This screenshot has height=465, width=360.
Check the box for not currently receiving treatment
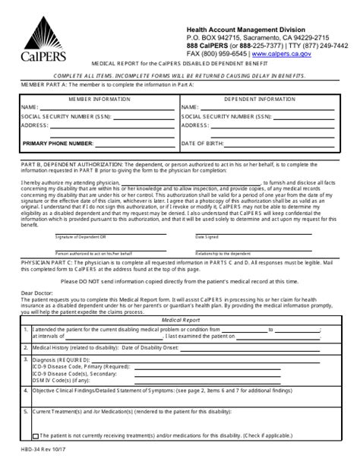[x=35, y=435]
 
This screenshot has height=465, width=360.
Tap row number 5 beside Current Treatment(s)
[x=26, y=412]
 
